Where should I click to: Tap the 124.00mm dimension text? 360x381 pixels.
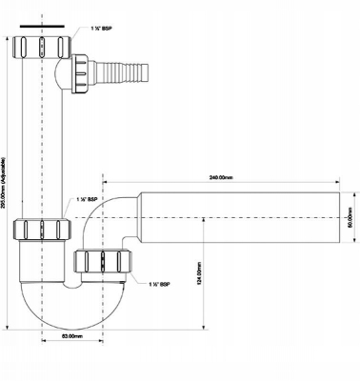coord(198,275)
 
